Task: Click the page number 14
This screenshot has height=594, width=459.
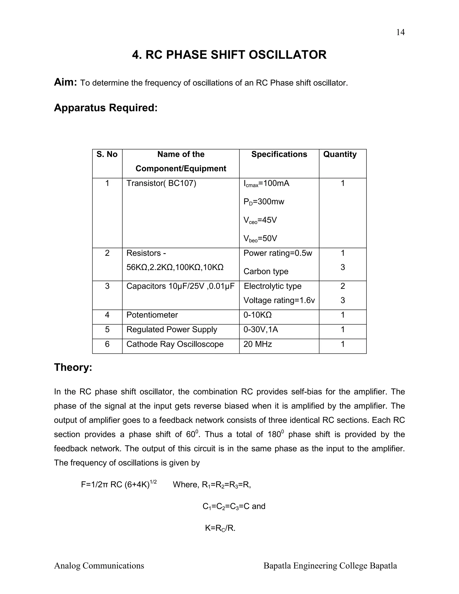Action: tap(400, 32)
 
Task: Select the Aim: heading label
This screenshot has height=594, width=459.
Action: tap(65, 82)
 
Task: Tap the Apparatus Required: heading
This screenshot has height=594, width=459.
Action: tap(106, 108)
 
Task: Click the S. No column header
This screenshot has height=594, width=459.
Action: tap(107, 154)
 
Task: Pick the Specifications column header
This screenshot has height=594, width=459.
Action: tap(279, 154)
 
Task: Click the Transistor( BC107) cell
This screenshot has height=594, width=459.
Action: tap(161, 183)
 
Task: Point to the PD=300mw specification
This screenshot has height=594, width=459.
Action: tap(264, 202)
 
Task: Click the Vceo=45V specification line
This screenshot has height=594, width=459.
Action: tap(260, 220)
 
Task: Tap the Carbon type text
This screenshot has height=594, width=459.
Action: tap(266, 271)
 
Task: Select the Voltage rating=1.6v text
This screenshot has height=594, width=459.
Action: tap(279, 300)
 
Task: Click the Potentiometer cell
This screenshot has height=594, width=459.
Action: tap(152, 315)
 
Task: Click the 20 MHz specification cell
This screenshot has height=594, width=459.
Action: tap(258, 344)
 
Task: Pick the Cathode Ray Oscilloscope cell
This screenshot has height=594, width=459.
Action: tap(175, 344)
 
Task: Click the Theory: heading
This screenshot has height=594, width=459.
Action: tap(73, 367)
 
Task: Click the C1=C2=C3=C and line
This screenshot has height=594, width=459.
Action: tap(234, 506)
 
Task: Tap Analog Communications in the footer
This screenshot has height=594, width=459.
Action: tap(99, 566)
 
